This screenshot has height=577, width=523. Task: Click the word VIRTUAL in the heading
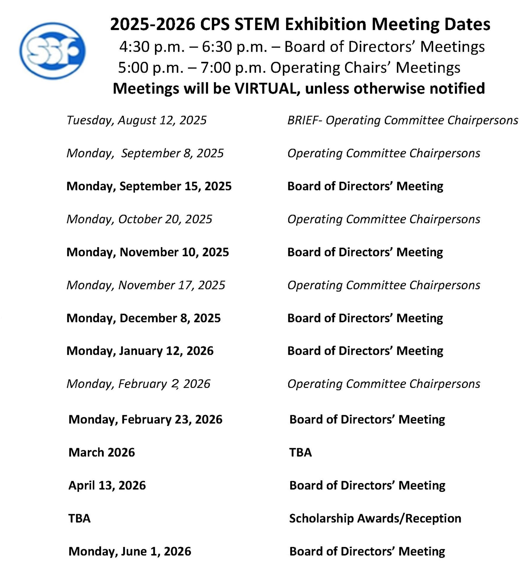coord(265,88)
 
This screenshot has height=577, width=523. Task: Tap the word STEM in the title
coord(257,25)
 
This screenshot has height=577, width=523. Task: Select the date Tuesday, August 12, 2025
coord(136,120)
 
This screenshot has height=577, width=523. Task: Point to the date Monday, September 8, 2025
coord(145,153)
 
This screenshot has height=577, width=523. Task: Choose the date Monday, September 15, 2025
coord(149,186)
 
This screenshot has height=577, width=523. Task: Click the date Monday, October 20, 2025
coord(139,219)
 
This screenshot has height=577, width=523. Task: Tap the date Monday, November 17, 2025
coord(146,285)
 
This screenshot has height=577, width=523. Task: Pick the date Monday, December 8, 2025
coord(143,318)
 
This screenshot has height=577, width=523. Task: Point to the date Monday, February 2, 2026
coord(138,384)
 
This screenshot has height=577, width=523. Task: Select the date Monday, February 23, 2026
coord(145,419)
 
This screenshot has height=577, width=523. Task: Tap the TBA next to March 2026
coord(300,452)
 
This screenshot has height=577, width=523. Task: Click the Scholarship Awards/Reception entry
coord(375,518)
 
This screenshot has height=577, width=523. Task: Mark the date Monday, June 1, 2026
coord(129,551)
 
